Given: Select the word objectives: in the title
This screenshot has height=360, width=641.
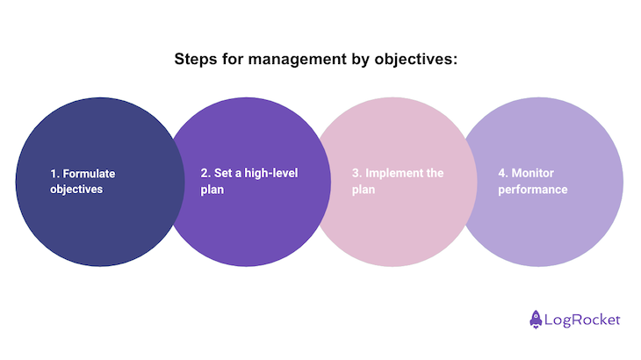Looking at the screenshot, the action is (x=416, y=60).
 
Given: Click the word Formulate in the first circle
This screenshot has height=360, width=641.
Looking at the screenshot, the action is (x=89, y=174).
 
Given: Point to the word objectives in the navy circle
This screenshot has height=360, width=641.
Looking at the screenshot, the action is (x=76, y=190).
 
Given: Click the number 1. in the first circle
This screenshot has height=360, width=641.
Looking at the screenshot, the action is (x=54, y=174).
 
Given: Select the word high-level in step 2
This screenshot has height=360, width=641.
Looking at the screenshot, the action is (x=271, y=173).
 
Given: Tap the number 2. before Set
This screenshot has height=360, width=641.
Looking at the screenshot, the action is (x=205, y=173).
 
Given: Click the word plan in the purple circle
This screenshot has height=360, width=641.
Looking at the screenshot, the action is (x=212, y=190).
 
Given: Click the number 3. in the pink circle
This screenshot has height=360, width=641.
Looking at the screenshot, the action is (x=357, y=173).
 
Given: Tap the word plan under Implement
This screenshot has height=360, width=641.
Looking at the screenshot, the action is (x=364, y=190).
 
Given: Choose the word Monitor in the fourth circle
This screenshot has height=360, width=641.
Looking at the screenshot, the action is (x=533, y=173).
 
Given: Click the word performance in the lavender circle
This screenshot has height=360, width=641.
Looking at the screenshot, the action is (x=533, y=190).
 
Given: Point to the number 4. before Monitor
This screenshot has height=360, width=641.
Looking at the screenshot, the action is (x=503, y=173).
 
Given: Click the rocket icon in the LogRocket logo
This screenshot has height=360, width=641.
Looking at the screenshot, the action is (x=536, y=319).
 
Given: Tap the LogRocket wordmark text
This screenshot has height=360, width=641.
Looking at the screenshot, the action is (x=582, y=320).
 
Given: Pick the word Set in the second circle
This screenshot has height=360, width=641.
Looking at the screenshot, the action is (x=223, y=173).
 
